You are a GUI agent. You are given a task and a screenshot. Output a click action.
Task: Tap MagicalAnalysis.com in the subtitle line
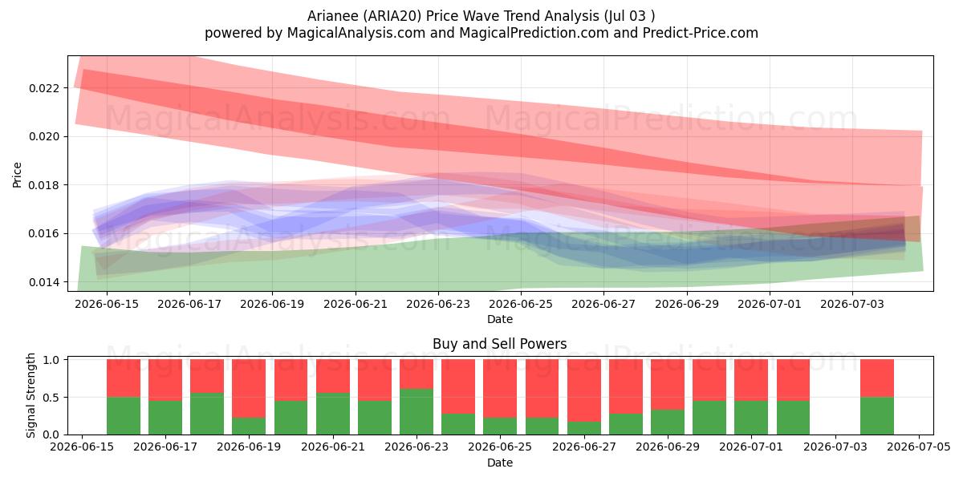356,33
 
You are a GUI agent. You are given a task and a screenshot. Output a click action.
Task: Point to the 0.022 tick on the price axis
43,88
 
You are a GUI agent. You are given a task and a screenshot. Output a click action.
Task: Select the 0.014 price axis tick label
43,282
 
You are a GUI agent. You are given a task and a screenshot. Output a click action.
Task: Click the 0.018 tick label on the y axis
43,185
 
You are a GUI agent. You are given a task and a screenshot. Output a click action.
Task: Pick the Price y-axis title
17,175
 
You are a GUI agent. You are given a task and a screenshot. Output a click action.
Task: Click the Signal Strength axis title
30,395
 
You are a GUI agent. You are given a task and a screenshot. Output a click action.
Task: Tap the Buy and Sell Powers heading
499,344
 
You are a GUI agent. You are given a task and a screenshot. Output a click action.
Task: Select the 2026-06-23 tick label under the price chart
438,305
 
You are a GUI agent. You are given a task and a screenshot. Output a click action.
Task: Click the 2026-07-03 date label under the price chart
852,305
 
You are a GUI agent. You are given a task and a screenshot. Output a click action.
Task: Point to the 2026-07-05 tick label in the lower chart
919,447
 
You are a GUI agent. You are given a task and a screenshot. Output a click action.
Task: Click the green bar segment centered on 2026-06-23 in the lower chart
416,411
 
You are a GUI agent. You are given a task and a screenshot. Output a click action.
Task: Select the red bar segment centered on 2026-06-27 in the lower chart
584,390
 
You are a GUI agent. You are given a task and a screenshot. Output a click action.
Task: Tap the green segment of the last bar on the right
877,416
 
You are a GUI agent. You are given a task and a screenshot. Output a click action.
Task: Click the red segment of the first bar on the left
124,378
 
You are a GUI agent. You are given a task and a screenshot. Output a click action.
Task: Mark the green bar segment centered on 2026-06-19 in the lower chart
249,426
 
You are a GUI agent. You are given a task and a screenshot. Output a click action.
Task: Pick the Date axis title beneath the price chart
499,320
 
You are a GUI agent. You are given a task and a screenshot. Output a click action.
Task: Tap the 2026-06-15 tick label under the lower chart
82,447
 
